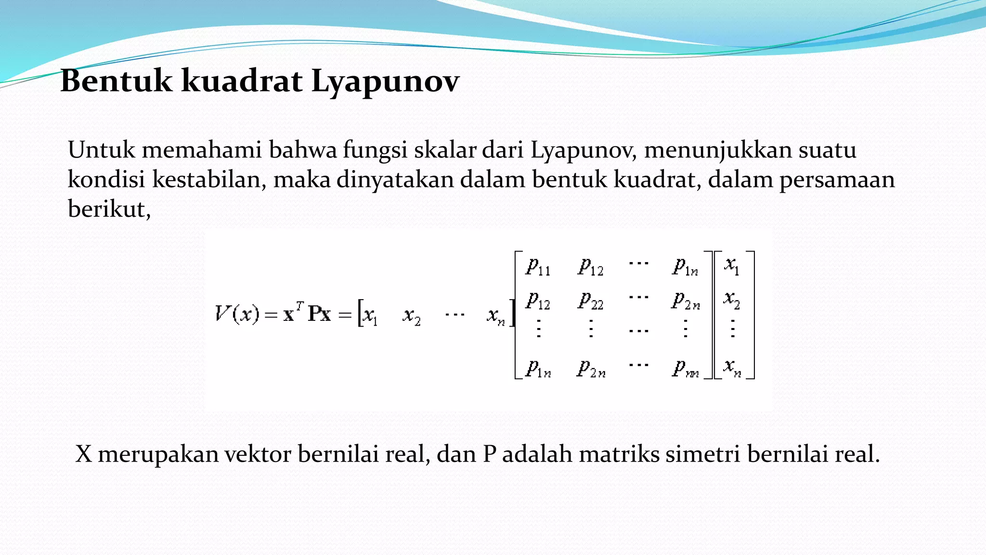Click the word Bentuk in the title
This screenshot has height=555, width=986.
click(116, 80)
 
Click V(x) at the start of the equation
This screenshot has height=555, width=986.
click(237, 315)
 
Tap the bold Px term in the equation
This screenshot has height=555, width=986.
click(319, 314)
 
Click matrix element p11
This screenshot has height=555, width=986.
click(538, 266)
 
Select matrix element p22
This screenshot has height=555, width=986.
click(590, 301)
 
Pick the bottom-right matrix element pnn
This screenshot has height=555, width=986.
click(685, 369)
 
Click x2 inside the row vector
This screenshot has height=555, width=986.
click(412, 317)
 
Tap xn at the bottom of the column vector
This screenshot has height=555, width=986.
click(732, 368)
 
